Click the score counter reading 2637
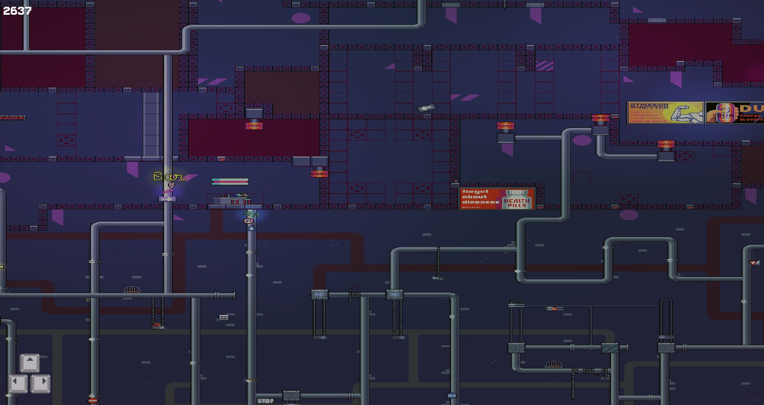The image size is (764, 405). pyautogui.click(x=17, y=11)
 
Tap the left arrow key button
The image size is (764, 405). pyautogui.click(x=18, y=383)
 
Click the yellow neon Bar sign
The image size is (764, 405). pyautogui.click(x=169, y=176)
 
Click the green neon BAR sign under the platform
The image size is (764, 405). pyautogui.click(x=251, y=214)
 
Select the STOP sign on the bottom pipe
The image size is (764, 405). pyautogui.click(x=265, y=401)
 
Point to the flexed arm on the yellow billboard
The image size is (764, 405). pyautogui.click(x=687, y=113)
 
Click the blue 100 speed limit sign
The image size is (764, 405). pyautogui.click(x=452, y=395)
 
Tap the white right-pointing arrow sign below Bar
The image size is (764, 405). pyautogui.click(x=167, y=199)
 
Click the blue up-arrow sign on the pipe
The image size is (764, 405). pyautogui.click(x=251, y=228)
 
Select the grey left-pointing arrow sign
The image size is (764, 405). pyautogui.click(x=427, y=108)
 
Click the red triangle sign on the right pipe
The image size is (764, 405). pyautogui.click(x=754, y=263)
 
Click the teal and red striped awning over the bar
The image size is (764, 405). pyautogui.click(x=230, y=182)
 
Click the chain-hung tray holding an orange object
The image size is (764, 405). pyautogui.click(x=158, y=326)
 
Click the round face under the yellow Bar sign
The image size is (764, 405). pyautogui.click(x=171, y=185)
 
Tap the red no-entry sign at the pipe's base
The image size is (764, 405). pyautogui.click(x=93, y=400)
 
